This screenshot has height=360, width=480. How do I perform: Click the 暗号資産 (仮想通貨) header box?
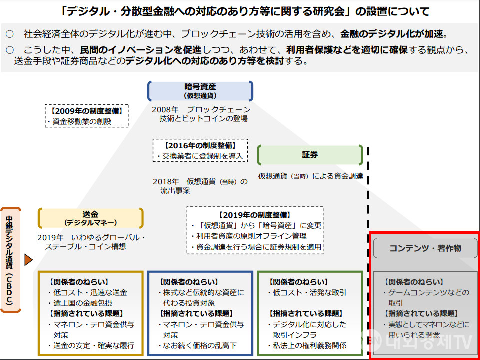(200, 91)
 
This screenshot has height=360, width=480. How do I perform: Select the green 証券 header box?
(310, 155)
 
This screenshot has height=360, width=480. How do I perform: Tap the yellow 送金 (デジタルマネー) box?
(90, 218)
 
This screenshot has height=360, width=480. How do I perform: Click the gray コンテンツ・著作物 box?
(425, 248)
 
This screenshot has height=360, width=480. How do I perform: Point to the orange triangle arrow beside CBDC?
(28, 260)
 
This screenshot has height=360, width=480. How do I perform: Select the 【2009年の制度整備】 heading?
(87, 111)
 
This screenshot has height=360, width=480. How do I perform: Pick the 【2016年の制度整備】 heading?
(200, 146)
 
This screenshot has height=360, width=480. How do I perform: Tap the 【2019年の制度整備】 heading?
(255, 215)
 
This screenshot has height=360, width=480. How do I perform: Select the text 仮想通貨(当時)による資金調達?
(310, 176)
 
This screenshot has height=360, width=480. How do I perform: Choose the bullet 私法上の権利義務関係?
(310, 345)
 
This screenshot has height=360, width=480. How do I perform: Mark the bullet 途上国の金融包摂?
(82, 303)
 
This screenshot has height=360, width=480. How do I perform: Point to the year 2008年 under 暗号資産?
(165, 109)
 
